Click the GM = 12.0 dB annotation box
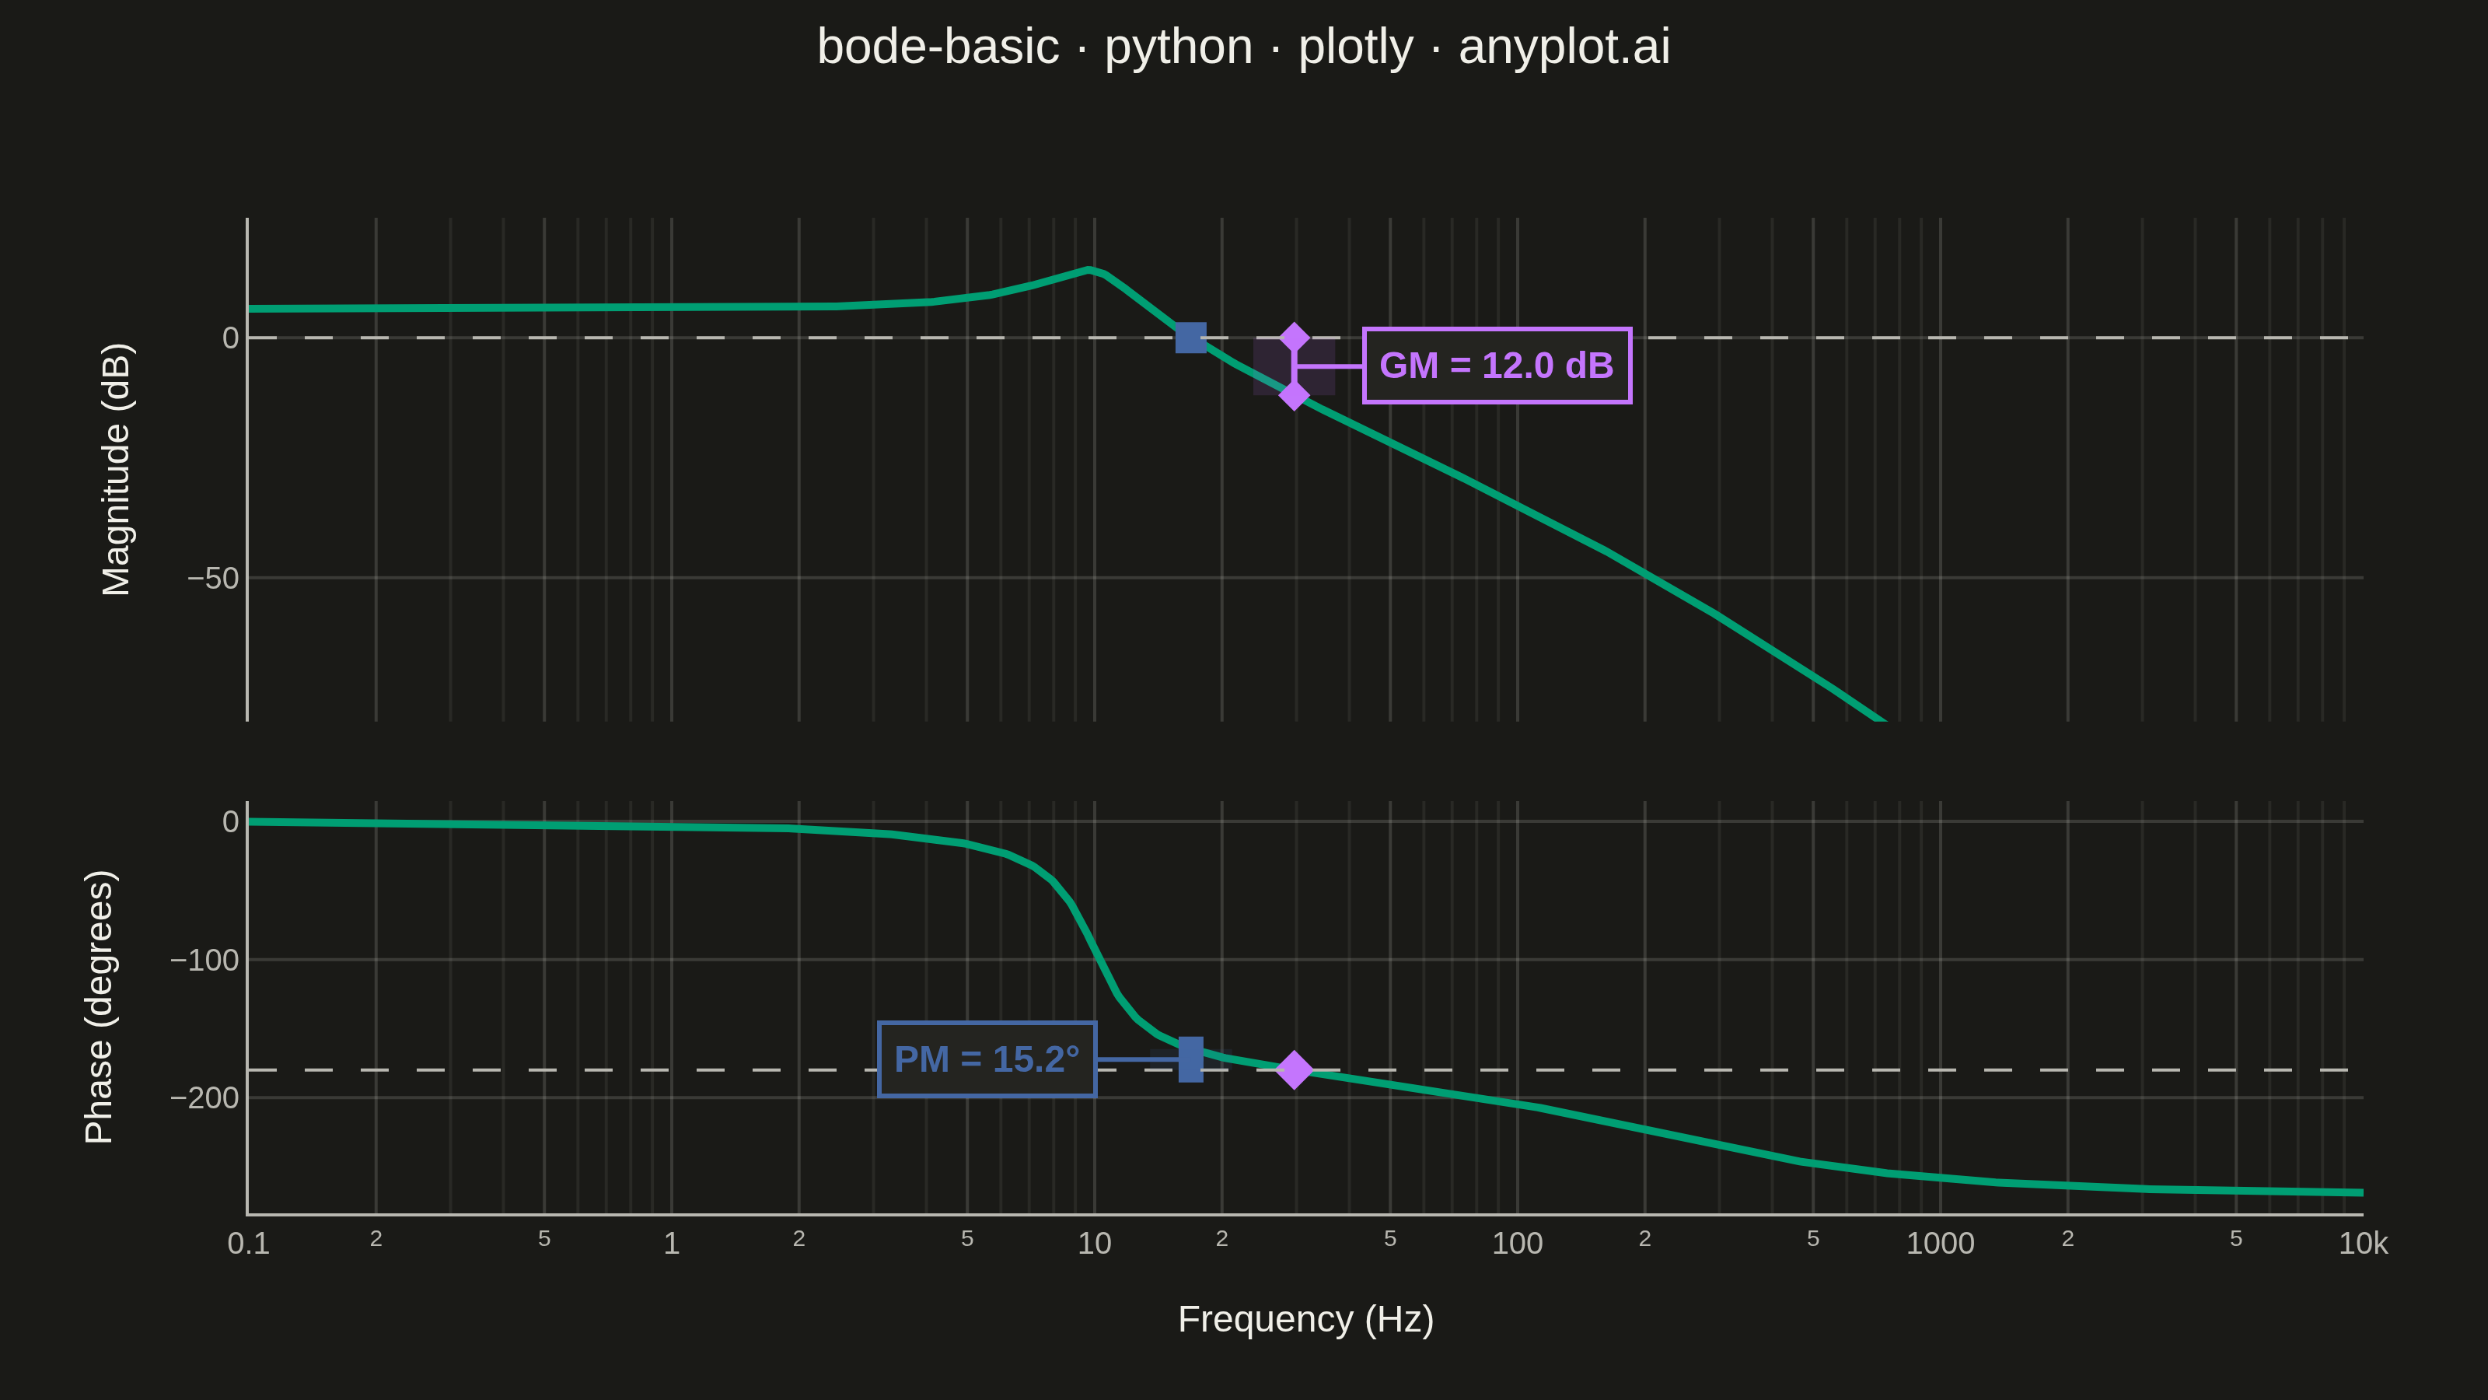1496,366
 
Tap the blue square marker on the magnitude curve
1191,338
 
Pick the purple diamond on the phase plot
1295,1069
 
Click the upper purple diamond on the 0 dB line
1295,338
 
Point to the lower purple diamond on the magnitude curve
1295,394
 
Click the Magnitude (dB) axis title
116,470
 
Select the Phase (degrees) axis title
99,1006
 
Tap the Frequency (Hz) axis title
1306,1319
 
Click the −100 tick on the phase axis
204,960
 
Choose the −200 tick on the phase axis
204,1097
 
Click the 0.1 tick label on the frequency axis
248,1244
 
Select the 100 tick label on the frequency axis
1518,1244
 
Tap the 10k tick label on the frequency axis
2363,1244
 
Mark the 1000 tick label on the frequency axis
1941,1244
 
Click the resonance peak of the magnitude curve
1089,270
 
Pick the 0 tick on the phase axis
231,821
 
